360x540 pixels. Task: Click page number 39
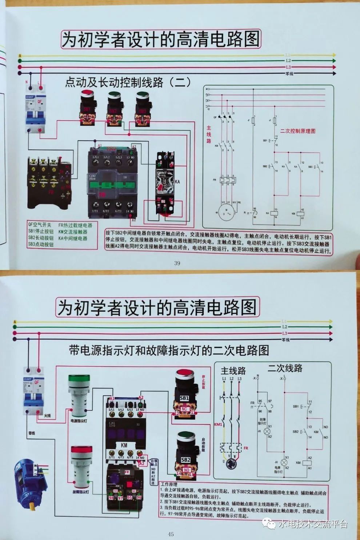[177, 263]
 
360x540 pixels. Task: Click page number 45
[171, 534]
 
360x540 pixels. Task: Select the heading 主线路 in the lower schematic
[233, 371]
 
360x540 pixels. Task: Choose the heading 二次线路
[285, 368]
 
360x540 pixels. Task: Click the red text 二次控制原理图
[297, 131]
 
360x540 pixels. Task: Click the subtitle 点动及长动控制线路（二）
[128, 82]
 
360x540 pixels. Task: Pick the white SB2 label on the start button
[186, 459]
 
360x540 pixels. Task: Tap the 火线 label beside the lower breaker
[47, 415]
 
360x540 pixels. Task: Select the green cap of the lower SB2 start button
[187, 437]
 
